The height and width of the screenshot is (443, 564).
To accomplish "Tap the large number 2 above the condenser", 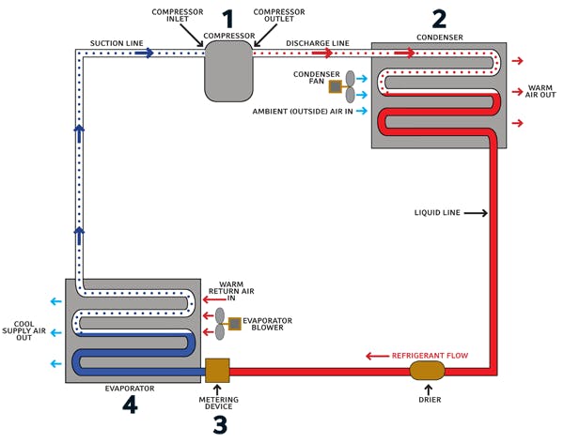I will (x=439, y=18).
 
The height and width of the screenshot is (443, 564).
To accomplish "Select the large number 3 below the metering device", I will (x=219, y=424).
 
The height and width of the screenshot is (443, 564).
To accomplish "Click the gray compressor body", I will (x=228, y=71).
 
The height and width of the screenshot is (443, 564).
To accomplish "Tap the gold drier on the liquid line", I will (x=428, y=371).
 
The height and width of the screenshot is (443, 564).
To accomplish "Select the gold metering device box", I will (x=217, y=371).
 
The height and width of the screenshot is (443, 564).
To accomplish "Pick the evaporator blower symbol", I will (x=227, y=325).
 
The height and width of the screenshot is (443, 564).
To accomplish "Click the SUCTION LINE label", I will (x=116, y=43).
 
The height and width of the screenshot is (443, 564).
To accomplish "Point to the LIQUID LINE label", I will (x=437, y=214).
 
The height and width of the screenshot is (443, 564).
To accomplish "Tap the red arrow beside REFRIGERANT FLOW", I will (x=376, y=356).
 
